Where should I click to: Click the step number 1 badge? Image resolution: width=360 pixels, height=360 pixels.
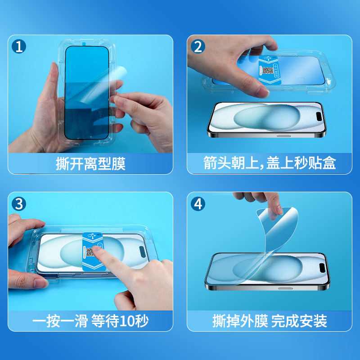[18, 46]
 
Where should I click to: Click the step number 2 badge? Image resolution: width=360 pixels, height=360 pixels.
[198, 46]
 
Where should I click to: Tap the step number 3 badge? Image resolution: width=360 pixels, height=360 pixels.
[18, 204]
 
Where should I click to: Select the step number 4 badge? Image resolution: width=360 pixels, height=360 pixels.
[198, 204]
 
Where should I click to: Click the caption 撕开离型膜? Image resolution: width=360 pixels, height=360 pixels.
[90, 164]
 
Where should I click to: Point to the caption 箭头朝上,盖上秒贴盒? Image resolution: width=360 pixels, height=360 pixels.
[270, 163]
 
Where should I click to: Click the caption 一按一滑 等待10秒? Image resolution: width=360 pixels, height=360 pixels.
[90, 321]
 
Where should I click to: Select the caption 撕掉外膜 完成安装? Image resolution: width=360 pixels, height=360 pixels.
[270, 321]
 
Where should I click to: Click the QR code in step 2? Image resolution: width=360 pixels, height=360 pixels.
[268, 71]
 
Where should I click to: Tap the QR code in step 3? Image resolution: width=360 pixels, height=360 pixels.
[90, 252]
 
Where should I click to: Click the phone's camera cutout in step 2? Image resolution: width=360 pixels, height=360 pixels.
[319, 117]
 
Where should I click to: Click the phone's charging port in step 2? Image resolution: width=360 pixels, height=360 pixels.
[284, 136]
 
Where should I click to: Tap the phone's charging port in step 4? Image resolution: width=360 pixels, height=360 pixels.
[285, 288]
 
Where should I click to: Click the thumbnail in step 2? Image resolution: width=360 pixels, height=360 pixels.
[263, 92]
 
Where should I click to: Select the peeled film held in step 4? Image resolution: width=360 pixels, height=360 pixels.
[264, 243]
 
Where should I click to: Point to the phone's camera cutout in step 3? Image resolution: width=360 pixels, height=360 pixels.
[142, 252]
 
